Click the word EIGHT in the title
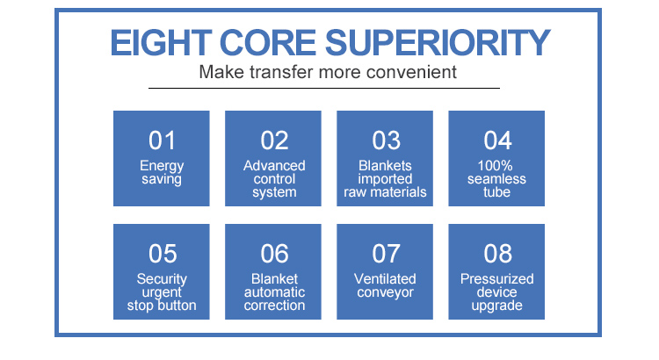(161, 43)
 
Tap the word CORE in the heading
(268, 43)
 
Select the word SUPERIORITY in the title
(438, 43)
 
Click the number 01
(162, 140)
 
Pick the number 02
(274, 140)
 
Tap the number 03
(386, 140)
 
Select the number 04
(497, 140)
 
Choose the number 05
(163, 254)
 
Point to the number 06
(274, 254)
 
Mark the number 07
(386, 254)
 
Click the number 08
(497, 254)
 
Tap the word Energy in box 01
(162, 166)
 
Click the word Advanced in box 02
(274, 165)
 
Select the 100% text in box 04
(495, 165)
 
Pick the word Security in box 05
(162, 280)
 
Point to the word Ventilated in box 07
(385, 279)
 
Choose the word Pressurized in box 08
(496, 279)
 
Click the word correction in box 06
(274, 306)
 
